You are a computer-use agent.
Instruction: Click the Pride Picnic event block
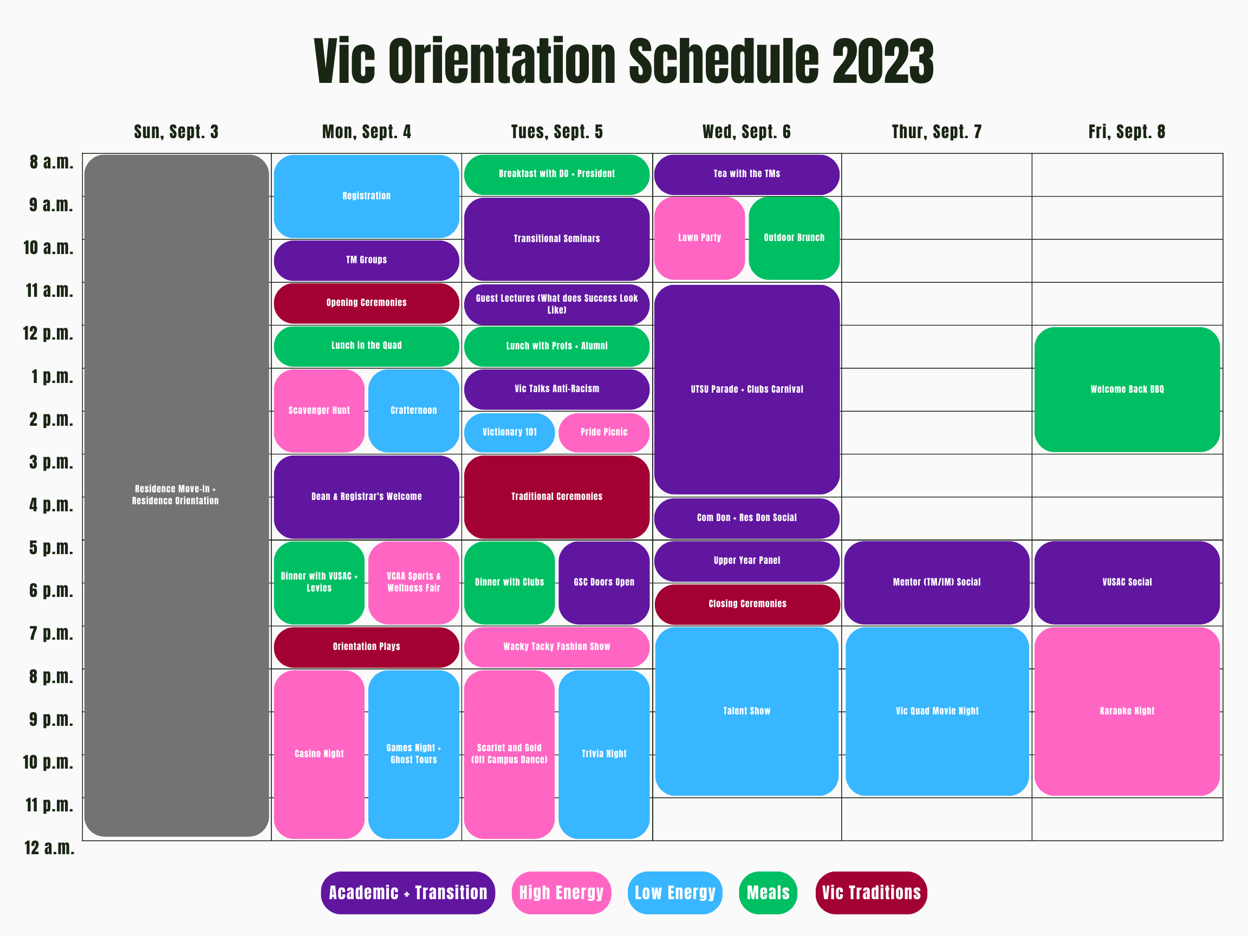point(604,432)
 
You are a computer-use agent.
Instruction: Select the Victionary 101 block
point(509,432)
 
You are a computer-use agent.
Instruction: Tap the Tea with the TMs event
point(746,174)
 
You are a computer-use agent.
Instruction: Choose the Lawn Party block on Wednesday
point(699,238)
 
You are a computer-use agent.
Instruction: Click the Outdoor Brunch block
point(794,238)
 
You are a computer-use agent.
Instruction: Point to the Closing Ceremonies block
point(747,604)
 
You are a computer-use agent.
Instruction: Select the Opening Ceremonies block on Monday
point(366,303)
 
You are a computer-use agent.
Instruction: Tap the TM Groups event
point(366,260)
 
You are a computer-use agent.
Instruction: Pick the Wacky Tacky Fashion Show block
point(556,647)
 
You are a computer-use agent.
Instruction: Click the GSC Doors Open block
point(604,582)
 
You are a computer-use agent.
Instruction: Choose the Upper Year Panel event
point(746,561)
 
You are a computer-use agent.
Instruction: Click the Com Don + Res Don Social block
point(746,518)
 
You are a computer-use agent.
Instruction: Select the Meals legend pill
point(768,893)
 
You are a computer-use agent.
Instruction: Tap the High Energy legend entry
point(561,893)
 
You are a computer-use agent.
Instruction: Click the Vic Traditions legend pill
point(870,893)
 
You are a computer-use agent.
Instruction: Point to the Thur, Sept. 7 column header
point(937,132)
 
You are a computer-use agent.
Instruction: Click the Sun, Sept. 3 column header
point(176,132)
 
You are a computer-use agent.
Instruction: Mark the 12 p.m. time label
point(49,334)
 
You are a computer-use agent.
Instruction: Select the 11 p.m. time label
point(50,805)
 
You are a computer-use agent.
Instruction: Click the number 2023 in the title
point(882,61)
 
